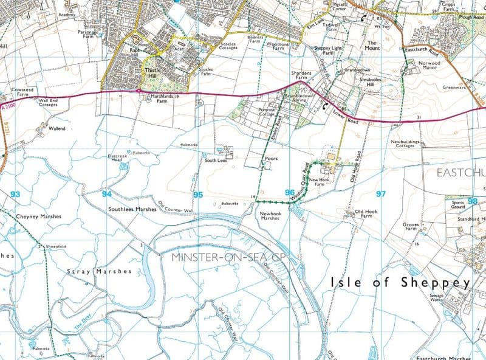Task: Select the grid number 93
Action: (x=15, y=194)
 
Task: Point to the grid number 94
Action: (x=106, y=194)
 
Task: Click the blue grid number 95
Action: (x=197, y=195)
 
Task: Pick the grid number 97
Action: (x=381, y=194)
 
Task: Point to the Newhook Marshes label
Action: (x=269, y=216)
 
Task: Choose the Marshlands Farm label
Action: (x=162, y=99)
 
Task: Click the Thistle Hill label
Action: (x=152, y=74)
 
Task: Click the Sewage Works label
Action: (x=437, y=299)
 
